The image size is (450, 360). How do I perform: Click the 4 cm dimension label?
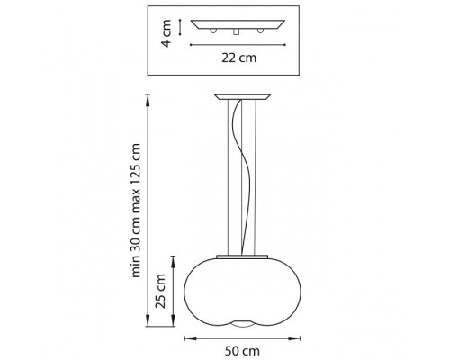pyautogui.click(x=166, y=33)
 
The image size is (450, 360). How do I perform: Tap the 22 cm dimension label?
pyautogui.click(x=239, y=58)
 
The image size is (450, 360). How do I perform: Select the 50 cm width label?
pyautogui.click(x=242, y=351)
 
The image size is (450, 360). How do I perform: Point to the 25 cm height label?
pyautogui.click(x=160, y=291)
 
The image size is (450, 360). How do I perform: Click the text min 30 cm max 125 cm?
pyautogui.click(x=136, y=211)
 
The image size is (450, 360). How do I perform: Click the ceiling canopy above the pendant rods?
pyautogui.click(x=242, y=97)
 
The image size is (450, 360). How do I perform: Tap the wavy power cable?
pyautogui.click(x=242, y=177)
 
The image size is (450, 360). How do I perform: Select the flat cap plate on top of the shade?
pyautogui.click(x=242, y=256)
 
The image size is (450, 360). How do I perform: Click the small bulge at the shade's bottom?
pyautogui.click(x=242, y=324)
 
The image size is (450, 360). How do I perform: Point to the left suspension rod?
pyautogui.click(x=229, y=177)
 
